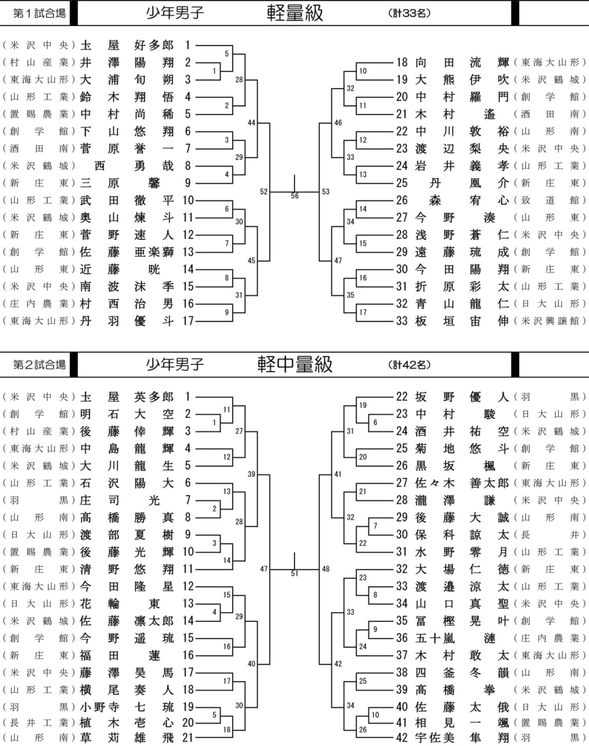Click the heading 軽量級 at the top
tap(294, 13)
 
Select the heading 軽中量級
tap(294, 364)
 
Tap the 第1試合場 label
tap(39, 13)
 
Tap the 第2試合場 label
tap(39, 364)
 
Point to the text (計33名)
tap(409, 13)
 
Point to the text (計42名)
tap(409, 364)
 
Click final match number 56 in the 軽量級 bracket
tap(294, 196)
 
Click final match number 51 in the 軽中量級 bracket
tap(294, 573)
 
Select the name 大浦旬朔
tap(127, 80)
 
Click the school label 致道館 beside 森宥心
tap(550, 200)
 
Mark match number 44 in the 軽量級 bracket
tap(251, 122)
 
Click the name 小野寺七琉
tap(127, 707)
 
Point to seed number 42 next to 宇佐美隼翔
tap(402, 738)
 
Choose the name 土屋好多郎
tap(127, 45)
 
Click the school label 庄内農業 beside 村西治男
tap(39, 304)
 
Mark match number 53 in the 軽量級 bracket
tap(326, 191)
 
